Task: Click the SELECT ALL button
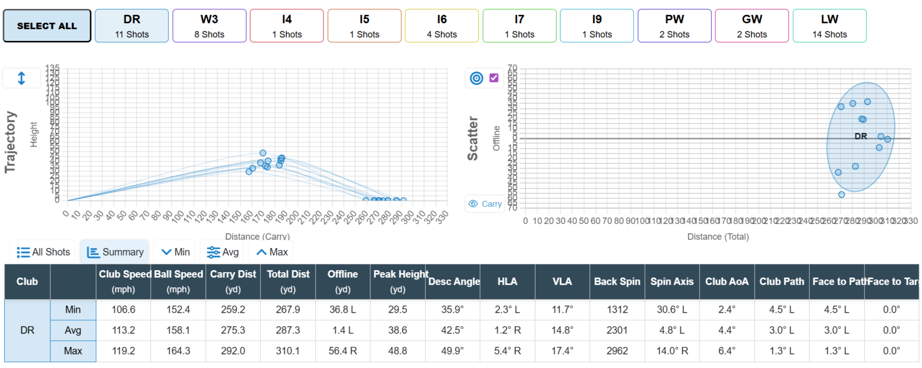pos(47,26)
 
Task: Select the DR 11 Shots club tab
pos(131,26)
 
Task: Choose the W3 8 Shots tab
pos(209,26)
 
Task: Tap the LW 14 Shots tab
pos(829,26)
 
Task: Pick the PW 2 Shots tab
pos(674,26)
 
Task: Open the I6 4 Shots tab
pos(442,26)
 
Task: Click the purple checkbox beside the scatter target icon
pos(494,78)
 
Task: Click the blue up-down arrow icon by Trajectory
pos(21,78)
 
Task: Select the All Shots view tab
pos(43,252)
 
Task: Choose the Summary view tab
pos(115,252)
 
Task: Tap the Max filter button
pos(272,252)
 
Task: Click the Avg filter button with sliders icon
pos(223,252)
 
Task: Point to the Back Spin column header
pos(617,281)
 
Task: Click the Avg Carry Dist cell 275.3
pos(233,330)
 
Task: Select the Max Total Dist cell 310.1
pos(288,351)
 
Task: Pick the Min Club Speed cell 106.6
pos(123,309)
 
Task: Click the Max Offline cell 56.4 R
pos(343,351)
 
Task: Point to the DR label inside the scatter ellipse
pos(860,136)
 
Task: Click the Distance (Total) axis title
pos(718,237)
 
